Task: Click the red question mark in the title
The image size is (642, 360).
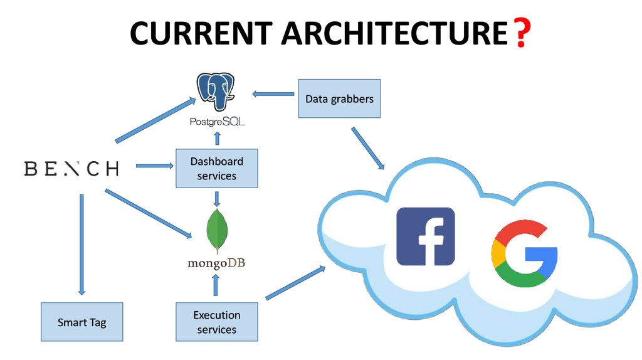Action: [520, 34]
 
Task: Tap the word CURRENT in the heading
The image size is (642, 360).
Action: [201, 34]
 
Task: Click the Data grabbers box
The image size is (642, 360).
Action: [339, 98]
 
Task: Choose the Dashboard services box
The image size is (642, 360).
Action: [216, 168]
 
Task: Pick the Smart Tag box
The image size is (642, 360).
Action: [82, 322]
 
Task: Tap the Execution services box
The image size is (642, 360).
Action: [216, 322]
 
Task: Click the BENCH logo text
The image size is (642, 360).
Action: [71, 168]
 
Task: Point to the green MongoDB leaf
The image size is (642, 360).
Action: [217, 230]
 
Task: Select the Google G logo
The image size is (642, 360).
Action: [524, 253]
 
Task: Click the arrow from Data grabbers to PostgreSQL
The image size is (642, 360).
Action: [273, 94]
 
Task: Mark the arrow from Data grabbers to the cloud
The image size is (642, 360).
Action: [368, 148]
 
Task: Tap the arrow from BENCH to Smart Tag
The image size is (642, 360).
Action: [81, 244]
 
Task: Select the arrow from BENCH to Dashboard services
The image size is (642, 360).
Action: [154, 166]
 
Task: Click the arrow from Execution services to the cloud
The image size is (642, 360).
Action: [295, 282]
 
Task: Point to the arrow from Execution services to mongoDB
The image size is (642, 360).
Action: [216, 285]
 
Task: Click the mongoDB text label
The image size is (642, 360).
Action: [216, 263]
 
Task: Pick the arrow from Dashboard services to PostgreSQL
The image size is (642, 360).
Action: [217, 139]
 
